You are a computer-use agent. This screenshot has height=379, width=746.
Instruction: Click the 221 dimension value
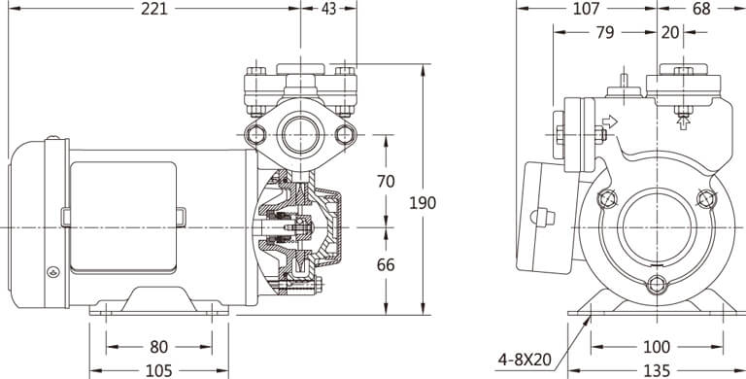154,9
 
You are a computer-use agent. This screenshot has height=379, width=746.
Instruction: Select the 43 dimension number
328,9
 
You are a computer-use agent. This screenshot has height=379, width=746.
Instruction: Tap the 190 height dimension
423,203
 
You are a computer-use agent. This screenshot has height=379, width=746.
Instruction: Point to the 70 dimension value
386,182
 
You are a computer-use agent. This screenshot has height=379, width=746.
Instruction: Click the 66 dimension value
386,264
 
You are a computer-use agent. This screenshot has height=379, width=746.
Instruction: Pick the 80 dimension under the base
159,347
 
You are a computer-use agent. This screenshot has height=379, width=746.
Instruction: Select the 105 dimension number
159,371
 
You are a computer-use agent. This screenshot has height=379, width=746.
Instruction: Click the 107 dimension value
586,9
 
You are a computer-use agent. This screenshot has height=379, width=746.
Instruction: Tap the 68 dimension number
701,9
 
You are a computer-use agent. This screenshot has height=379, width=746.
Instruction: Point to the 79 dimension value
605,32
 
